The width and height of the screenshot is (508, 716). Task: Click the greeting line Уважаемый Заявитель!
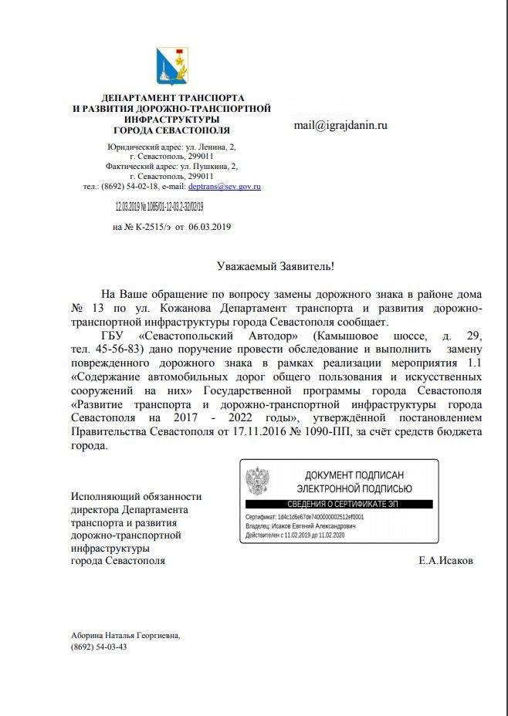click(275, 265)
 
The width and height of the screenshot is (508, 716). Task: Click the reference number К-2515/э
click(148, 227)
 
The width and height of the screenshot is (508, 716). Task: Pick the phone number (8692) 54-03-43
click(98, 647)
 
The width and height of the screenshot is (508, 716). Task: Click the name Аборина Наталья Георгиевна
click(125, 635)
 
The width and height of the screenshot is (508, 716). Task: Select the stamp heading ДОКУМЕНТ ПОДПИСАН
click(354, 475)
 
